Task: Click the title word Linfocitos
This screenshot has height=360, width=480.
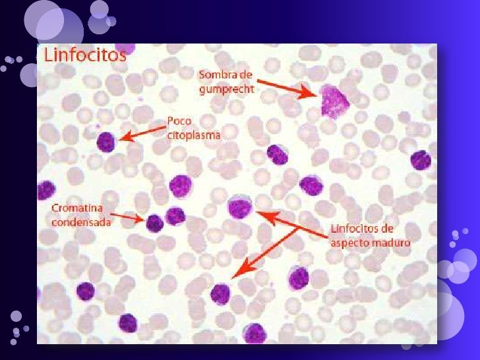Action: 84,55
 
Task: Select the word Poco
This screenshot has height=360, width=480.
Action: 178,122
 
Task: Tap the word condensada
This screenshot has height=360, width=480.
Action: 81,222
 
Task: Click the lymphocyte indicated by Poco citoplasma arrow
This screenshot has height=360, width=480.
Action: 105,142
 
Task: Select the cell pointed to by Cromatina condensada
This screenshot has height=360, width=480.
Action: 154,223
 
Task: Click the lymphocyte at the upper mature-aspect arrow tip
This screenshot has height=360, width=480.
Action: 239,208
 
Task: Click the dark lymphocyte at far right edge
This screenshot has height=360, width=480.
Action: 420,160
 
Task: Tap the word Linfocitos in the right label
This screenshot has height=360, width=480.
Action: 352,229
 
